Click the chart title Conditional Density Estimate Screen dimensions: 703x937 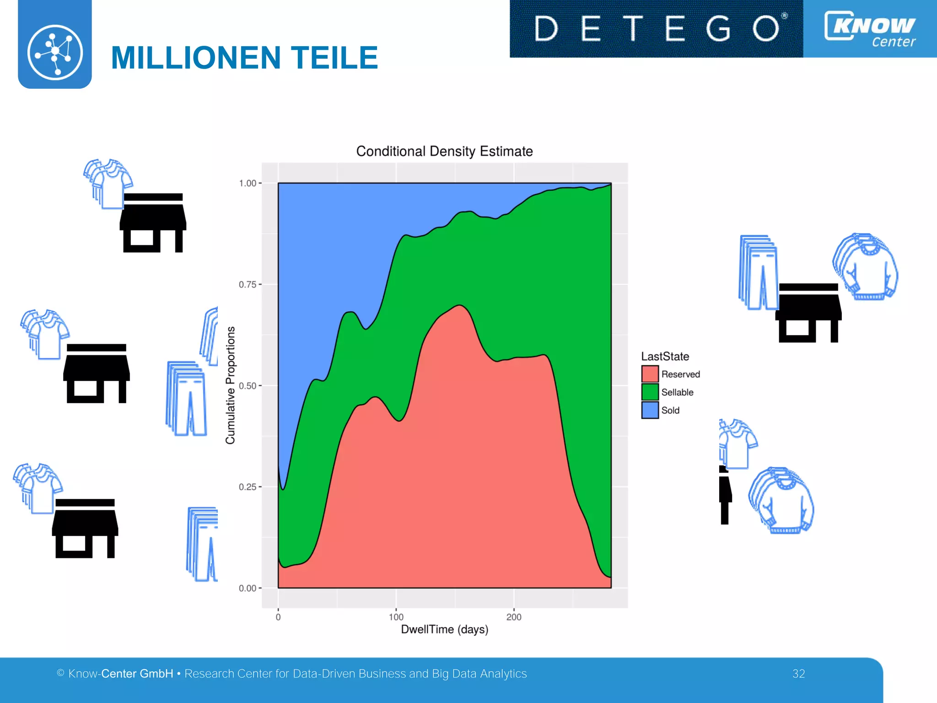coord(444,151)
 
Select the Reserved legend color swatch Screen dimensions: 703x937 coord(650,374)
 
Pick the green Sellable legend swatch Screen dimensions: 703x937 coord(650,392)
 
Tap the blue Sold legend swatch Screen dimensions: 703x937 coord(650,410)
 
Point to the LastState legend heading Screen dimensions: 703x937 coord(665,357)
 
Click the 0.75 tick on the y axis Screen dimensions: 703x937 coord(248,285)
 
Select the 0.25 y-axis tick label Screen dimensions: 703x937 coord(248,487)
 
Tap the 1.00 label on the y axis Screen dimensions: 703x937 coord(248,184)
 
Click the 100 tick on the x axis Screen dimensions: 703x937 coord(396,617)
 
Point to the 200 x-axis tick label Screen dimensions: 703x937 coord(514,617)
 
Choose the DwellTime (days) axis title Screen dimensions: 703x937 coord(444,629)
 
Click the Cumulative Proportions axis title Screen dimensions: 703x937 coord(230,385)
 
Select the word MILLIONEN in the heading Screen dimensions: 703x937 coord(196,58)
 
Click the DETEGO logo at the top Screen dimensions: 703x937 coord(656,28)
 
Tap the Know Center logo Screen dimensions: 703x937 coord(870,28)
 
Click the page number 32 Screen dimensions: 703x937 coord(798,674)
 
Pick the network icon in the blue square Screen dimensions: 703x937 coord(55,52)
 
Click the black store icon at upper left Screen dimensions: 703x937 coord(153,223)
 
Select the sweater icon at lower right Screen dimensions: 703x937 coord(781,500)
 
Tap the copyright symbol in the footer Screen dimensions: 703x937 coord(60,673)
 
